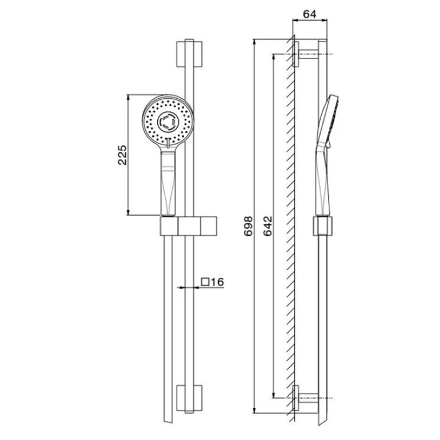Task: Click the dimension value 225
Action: [x=122, y=155]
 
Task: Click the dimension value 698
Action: [x=248, y=226]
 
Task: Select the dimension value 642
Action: [x=268, y=226]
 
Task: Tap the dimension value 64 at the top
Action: [x=310, y=14]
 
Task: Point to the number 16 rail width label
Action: [x=217, y=282]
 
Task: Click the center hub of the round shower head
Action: [x=168, y=122]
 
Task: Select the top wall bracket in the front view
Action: [x=189, y=54]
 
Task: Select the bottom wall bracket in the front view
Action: [x=189, y=399]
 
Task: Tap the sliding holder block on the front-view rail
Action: [x=189, y=226]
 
